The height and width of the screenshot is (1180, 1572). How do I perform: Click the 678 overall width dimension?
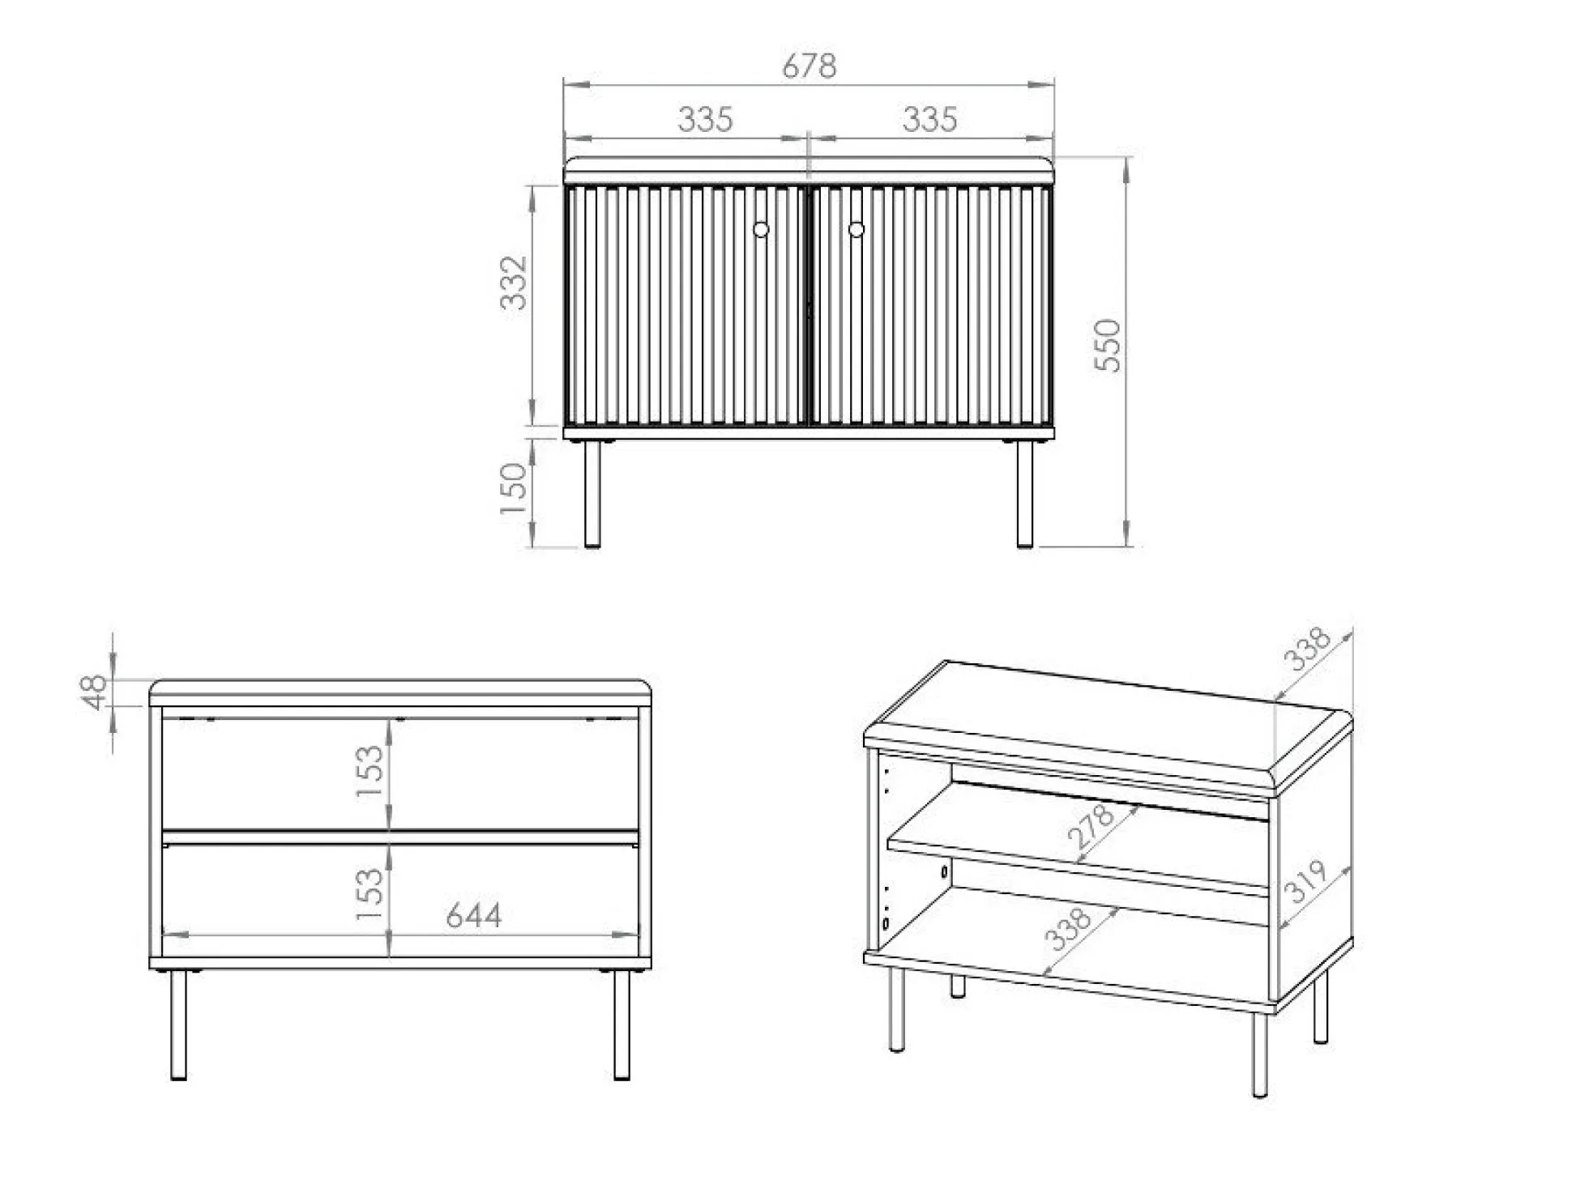(x=809, y=66)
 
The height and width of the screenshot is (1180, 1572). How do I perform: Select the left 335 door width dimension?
(x=705, y=120)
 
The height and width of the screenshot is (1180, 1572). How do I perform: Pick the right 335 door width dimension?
(x=929, y=120)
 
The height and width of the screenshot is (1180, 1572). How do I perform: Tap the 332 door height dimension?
(x=514, y=283)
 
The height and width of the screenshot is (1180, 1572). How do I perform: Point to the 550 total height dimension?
(x=1107, y=346)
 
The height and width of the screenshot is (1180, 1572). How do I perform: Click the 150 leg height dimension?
(x=514, y=488)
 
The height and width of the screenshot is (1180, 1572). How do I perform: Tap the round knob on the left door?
(x=761, y=230)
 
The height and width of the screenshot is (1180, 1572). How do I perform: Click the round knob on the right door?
(x=856, y=230)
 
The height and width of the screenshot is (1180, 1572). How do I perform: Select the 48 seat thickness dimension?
(x=95, y=692)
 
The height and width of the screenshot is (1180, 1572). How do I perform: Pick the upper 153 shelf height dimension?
(x=369, y=771)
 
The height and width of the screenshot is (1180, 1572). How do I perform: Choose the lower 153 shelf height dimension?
(x=369, y=893)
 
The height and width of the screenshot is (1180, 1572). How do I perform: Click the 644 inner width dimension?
(x=474, y=916)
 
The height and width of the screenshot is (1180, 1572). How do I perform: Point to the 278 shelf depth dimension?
(x=1091, y=826)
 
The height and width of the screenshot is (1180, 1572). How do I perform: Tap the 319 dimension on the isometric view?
(x=1305, y=880)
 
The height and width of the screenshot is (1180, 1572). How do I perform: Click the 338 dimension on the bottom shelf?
(x=1068, y=929)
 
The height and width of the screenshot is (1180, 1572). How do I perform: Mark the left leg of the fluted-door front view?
(x=592, y=494)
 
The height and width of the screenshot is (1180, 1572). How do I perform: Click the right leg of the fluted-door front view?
(x=1025, y=494)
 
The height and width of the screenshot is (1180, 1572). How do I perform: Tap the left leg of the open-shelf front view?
(x=178, y=1025)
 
